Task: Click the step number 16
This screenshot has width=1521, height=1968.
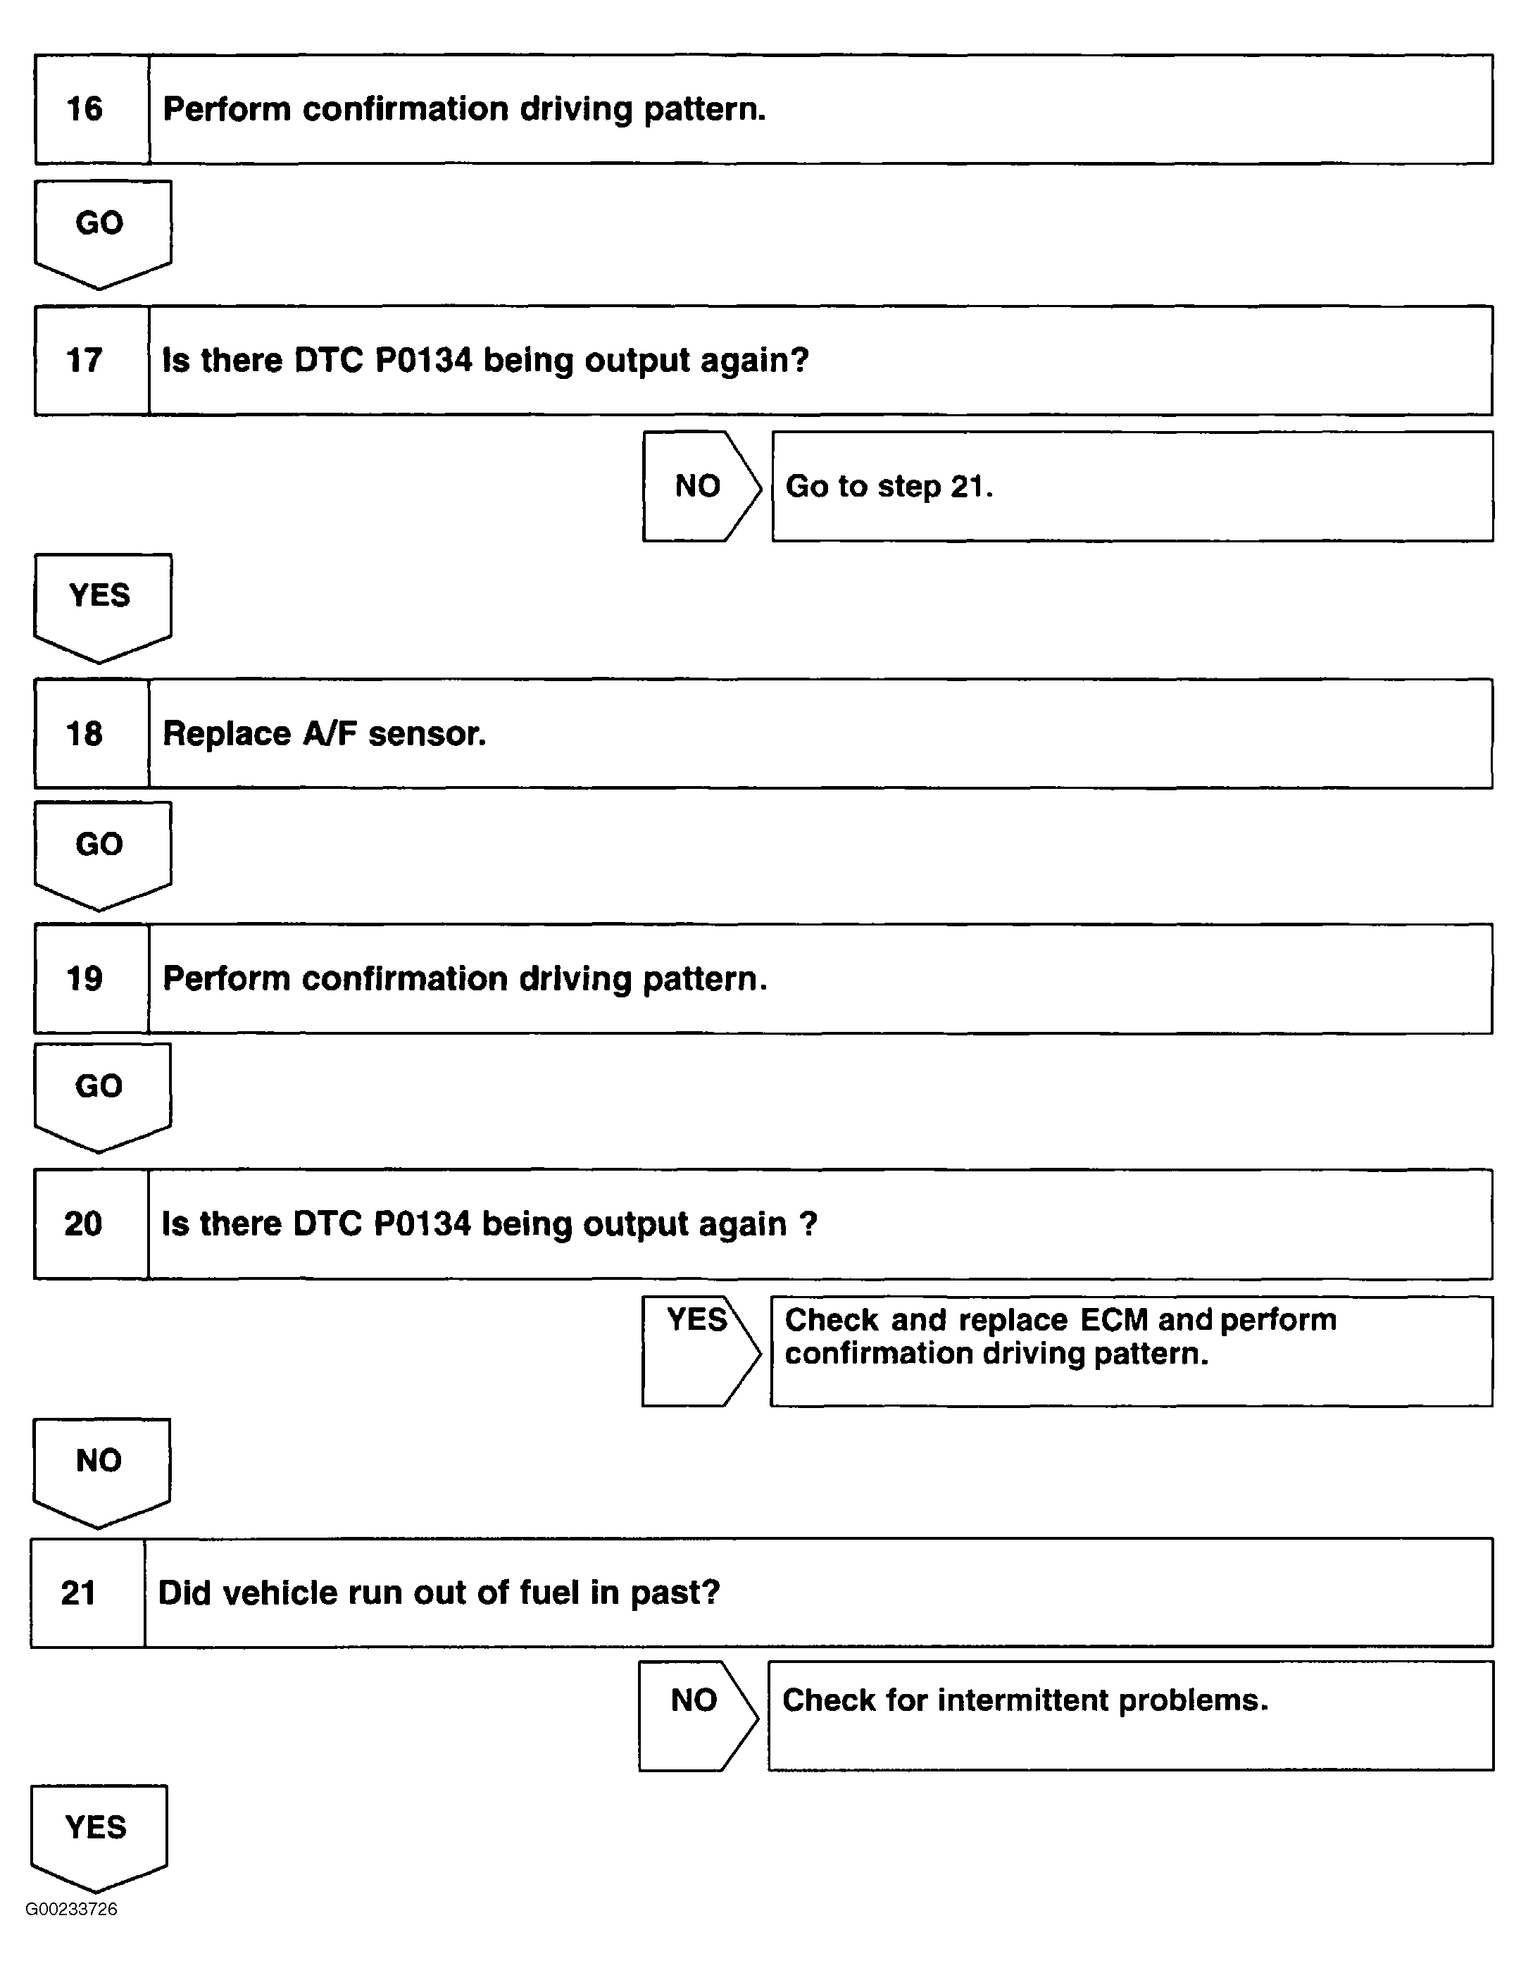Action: [84, 109]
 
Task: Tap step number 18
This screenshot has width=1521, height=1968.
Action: [84, 733]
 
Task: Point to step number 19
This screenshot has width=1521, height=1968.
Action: [84, 978]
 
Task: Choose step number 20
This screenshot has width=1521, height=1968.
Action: [83, 1223]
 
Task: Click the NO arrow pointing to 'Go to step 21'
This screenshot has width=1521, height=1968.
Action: [699, 487]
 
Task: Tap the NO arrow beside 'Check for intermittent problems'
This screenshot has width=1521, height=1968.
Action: [696, 1715]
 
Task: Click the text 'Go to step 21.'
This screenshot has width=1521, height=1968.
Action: [889, 487]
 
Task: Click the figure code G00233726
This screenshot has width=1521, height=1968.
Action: [71, 1910]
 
